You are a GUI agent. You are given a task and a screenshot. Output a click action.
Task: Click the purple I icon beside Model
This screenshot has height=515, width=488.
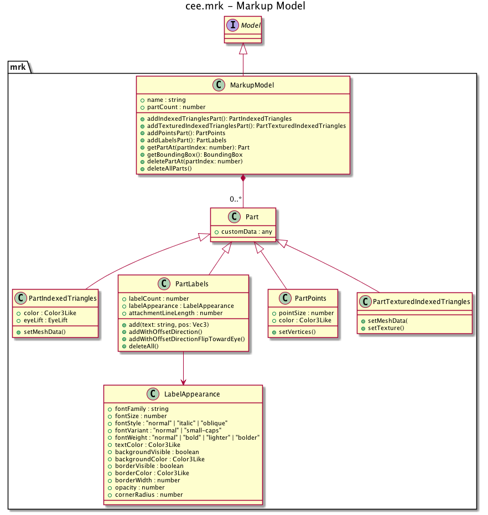[x=232, y=25]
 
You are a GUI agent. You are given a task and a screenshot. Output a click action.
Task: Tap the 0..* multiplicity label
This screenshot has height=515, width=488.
[x=236, y=199]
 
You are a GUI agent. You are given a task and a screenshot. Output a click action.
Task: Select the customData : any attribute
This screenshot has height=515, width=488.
[x=246, y=231]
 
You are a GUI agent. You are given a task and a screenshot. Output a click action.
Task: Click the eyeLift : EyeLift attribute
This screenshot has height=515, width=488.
[x=46, y=320]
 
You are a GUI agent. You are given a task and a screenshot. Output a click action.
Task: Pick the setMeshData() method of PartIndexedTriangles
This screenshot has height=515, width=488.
[x=45, y=332]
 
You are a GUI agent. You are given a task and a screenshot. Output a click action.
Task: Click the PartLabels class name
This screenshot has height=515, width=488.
[x=191, y=284]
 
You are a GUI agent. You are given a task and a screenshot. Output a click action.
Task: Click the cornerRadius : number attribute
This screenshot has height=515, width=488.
[x=149, y=495]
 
